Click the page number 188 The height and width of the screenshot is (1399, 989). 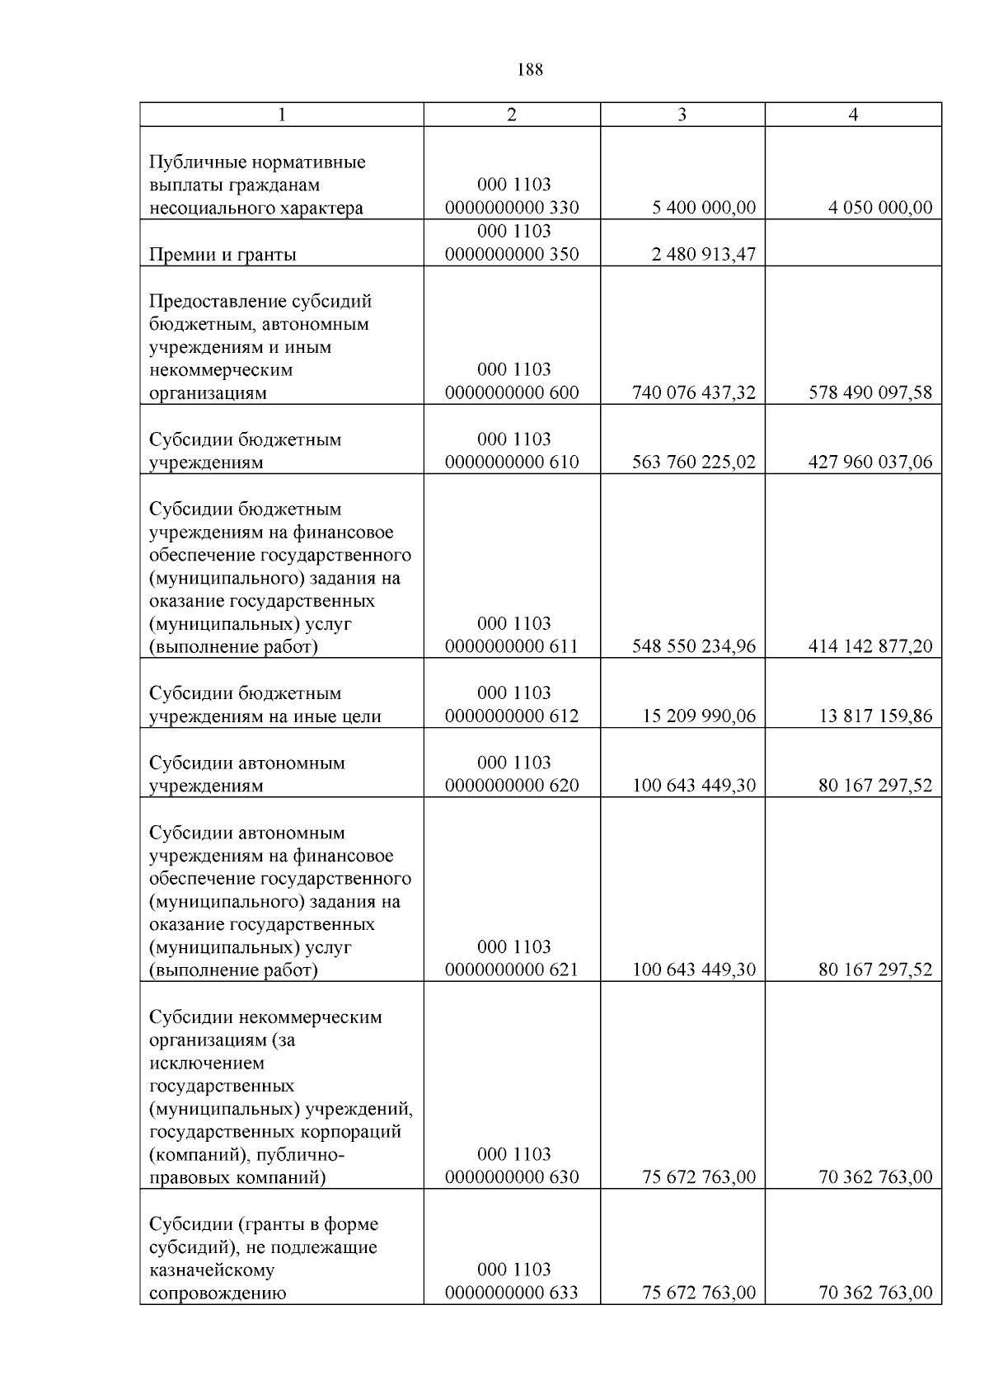coord(530,70)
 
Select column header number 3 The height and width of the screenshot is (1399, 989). coord(682,115)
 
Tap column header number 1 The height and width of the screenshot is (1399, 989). coord(282,115)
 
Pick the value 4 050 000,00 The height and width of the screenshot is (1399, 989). coord(879,208)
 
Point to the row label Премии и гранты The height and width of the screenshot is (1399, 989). coord(223,255)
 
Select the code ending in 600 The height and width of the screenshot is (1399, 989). coord(512,393)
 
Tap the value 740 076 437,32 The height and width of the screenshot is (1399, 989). coord(693,393)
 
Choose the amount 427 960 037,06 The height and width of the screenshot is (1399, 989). coord(869,462)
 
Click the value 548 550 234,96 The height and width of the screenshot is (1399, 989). coord(693,647)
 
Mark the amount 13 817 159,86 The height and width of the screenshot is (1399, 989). coord(874,716)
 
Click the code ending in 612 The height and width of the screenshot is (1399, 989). coord(512,716)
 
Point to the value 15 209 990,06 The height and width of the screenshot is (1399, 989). coord(698,716)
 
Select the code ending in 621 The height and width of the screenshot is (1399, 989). coord(512,970)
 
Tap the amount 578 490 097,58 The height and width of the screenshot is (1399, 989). coord(869,393)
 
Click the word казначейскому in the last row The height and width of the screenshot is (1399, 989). coord(212,1270)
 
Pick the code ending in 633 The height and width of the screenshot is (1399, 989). coord(512,1293)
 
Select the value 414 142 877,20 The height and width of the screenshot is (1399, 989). coord(869,647)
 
